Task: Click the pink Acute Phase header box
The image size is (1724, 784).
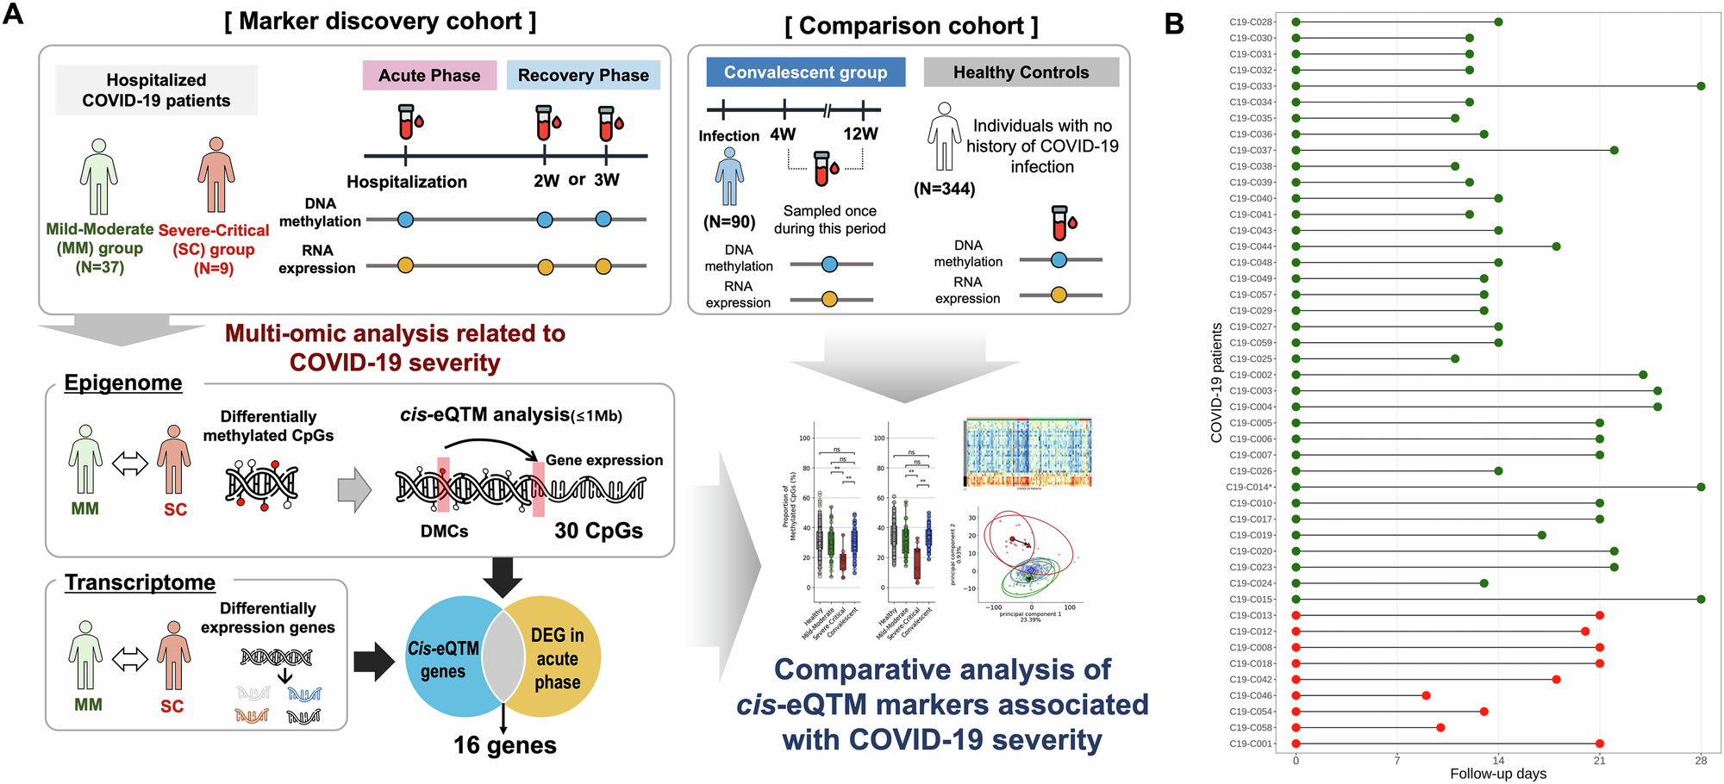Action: [429, 75]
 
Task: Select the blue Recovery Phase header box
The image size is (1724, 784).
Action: [583, 75]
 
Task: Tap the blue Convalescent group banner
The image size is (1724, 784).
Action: [805, 72]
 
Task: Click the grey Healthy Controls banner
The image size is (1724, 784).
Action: [1021, 72]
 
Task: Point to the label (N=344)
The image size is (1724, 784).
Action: [944, 189]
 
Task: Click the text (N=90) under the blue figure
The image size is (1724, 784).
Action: [729, 221]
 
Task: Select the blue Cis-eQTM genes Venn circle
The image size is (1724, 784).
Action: [443, 659]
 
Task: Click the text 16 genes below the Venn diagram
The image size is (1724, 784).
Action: [505, 745]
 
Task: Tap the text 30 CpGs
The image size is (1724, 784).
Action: [598, 531]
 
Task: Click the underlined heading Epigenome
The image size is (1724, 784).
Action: [123, 383]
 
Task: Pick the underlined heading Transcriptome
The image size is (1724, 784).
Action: [140, 582]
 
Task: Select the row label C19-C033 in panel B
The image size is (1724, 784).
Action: [1251, 86]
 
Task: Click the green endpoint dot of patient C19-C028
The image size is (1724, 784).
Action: [1498, 22]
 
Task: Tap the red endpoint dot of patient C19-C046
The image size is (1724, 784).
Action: [1426, 695]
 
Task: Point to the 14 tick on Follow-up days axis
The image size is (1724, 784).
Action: [1498, 760]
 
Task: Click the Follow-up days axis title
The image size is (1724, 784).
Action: [1498, 774]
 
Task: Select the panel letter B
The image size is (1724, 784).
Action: [1174, 24]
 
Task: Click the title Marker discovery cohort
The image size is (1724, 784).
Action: [380, 22]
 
